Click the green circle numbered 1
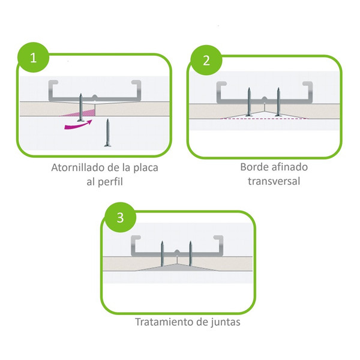(33, 58)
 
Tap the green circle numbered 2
(206, 60)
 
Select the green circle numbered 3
(121, 217)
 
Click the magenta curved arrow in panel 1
(78, 125)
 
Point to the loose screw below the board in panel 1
(107, 133)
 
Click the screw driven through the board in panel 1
(80, 107)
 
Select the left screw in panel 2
(248, 102)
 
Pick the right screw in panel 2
(278, 102)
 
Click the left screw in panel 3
(163, 254)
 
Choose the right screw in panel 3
(190, 254)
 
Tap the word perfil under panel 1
(110, 182)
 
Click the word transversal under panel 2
(274, 181)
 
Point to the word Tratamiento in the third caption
(164, 322)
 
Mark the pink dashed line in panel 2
(264, 119)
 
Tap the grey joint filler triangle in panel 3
(177, 268)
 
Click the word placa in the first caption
(146, 167)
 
